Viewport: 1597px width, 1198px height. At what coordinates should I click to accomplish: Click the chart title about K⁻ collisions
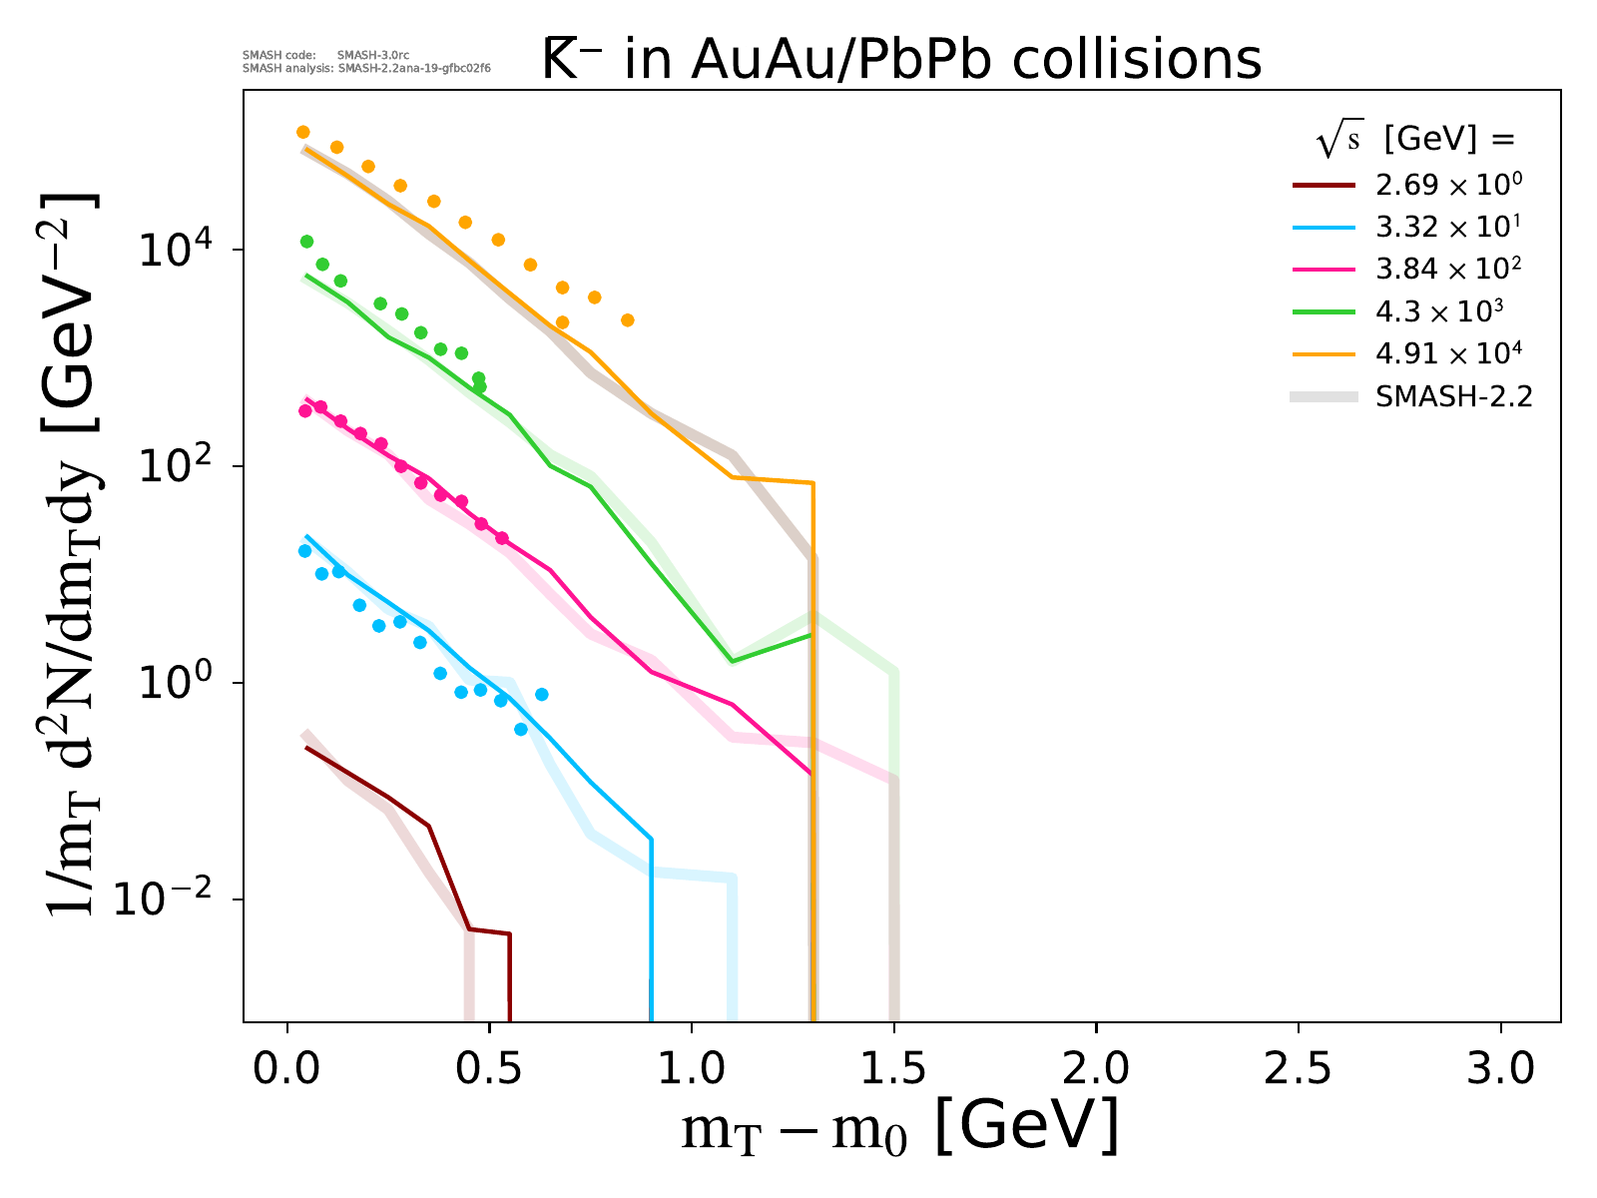902,60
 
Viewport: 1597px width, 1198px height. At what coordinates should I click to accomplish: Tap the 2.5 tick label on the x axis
1298,1069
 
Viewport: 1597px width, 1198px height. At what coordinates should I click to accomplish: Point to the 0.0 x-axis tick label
287,1069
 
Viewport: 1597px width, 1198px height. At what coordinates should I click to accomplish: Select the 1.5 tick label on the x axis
893,1069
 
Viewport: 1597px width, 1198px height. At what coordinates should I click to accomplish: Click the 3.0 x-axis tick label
1500,1069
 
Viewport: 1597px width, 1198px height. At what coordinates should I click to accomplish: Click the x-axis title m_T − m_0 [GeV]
899,1129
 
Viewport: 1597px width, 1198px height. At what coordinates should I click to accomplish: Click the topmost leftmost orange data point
303,132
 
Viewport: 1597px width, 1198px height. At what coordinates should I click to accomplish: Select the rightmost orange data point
627,320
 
